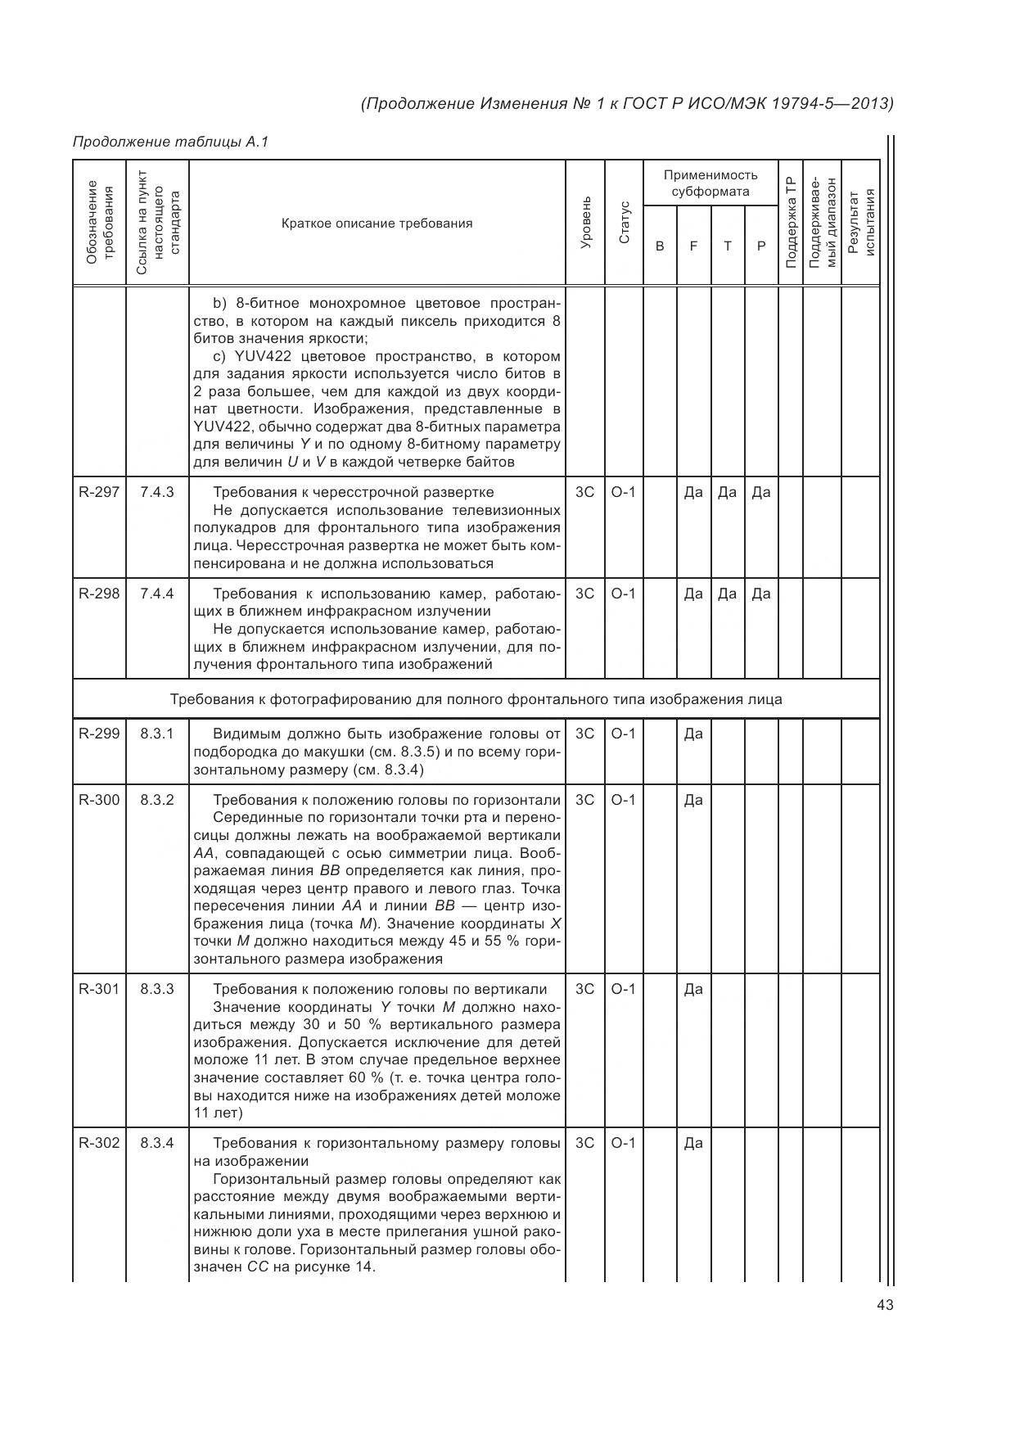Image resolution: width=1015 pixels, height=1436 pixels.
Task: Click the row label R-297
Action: pyautogui.click(x=99, y=492)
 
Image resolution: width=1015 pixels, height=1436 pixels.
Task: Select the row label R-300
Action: pyautogui.click(x=99, y=800)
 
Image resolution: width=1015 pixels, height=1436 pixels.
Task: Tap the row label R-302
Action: pyautogui.click(x=99, y=1143)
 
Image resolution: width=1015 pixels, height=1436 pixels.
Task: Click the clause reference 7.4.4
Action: pyautogui.click(x=157, y=594)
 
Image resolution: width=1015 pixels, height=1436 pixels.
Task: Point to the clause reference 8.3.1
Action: pyautogui.click(x=157, y=734)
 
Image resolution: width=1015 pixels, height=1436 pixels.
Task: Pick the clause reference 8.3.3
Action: pyautogui.click(x=157, y=989)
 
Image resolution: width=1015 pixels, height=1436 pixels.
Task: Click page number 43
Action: pyautogui.click(x=884, y=1305)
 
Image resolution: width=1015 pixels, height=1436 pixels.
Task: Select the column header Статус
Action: pyautogui.click(x=625, y=223)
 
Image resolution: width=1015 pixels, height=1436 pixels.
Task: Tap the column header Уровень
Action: pyautogui.click(x=585, y=223)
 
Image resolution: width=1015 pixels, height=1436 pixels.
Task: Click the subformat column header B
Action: pyautogui.click(x=660, y=246)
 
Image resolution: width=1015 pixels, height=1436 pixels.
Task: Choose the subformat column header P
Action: pyautogui.click(x=760, y=246)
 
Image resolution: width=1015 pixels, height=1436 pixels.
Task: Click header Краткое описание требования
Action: pyautogui.click(x=377, y=224)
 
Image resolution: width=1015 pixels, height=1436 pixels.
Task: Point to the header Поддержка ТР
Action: pyautogui.click(x=790, y=223)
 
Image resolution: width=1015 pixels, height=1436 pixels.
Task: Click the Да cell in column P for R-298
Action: pyautogui.click(x=760, y=594)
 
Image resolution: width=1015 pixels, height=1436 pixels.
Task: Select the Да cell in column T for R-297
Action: pyautogui.click(x=727, y=492)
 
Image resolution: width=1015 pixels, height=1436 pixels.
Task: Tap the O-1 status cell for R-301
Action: pyautogui.click(x=624, y=989)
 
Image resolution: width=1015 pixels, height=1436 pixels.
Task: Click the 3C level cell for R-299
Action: pyautogui.click(x=584, y=734)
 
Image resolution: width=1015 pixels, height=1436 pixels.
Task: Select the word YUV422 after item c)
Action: pyautogui.click(x=260, y=356)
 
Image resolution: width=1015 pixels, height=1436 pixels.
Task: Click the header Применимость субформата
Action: pyautogui.click(x=710, y=183)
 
